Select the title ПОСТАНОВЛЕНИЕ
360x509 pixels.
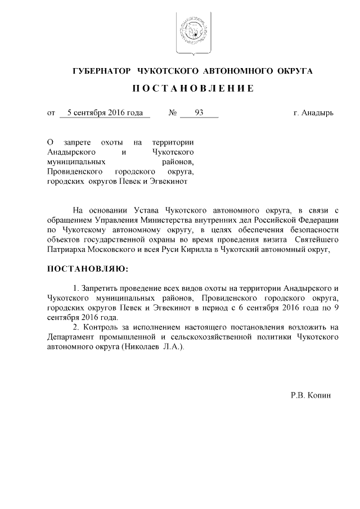tap(193, 89)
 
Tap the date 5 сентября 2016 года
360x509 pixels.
tap(105, 112)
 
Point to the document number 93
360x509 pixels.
tap(199, 112)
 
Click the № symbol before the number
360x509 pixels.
tap(173, 112)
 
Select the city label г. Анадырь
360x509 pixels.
tap(313, 112)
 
